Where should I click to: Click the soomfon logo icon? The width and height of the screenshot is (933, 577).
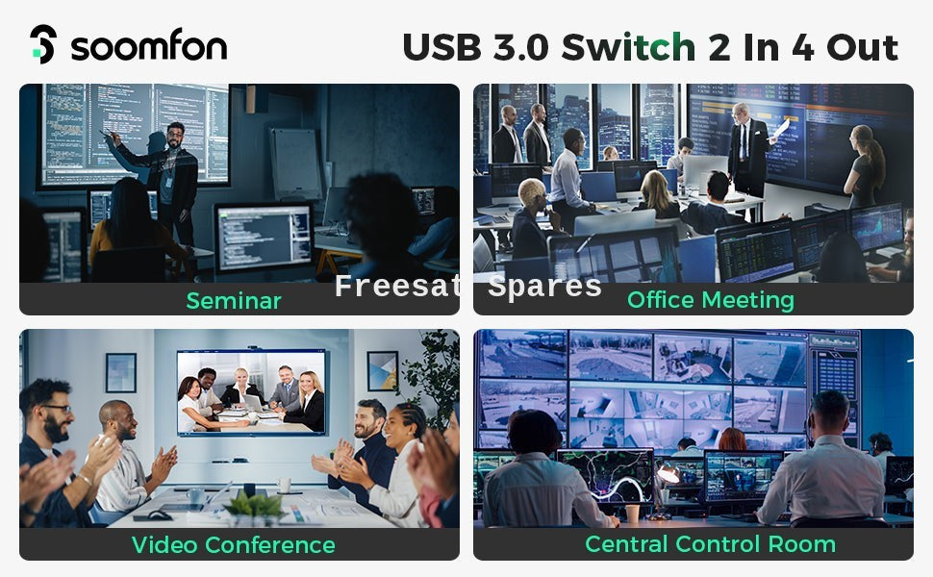click(x=43, y=44)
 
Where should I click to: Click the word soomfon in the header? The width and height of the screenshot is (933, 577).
click(x=149, y=46)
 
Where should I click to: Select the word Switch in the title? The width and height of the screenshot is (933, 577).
click(x=628, y=47)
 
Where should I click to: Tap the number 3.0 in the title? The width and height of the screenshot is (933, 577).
click(x=520, y=47)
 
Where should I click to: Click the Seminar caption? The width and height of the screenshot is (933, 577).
click(x=233, y=301)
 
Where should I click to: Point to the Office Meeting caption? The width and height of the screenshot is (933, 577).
click(x=711, y=300)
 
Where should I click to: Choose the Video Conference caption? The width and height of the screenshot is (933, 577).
click(x=233, y=545)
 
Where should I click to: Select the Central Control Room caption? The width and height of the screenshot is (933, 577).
click(x=711, y=544)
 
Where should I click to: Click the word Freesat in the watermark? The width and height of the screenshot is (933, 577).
click(x=397, y=287)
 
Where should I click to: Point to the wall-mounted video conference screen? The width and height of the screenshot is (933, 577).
click(x=252, y=392)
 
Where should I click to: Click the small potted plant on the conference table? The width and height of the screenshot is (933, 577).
click(x=255, y=509)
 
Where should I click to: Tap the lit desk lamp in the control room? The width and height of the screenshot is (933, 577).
click(x=668, y=473)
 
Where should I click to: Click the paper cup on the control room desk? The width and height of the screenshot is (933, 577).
click(x=632, y=514)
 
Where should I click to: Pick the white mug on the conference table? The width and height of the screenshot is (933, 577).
click(x=284, y=485)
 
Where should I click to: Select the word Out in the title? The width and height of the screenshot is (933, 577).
click(x=862, y=47)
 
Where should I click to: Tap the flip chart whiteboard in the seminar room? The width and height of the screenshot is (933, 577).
click(x=295, y=164)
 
